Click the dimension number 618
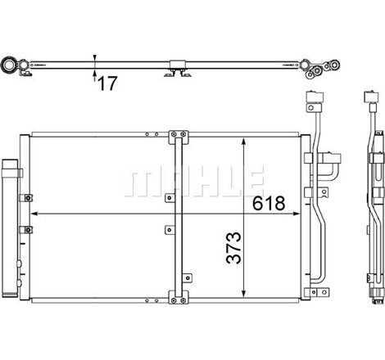[x=269, y=203]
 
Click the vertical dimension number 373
[x=234, y=248]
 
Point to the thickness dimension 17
[x=107, y=83]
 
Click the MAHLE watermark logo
[x=194, y=181]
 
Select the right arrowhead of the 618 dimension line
[x=296, y=214]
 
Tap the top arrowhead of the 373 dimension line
[x=244, y=142]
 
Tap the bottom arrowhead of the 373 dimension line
[x=244, y=294]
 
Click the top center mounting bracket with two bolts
[x=179, y=137]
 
